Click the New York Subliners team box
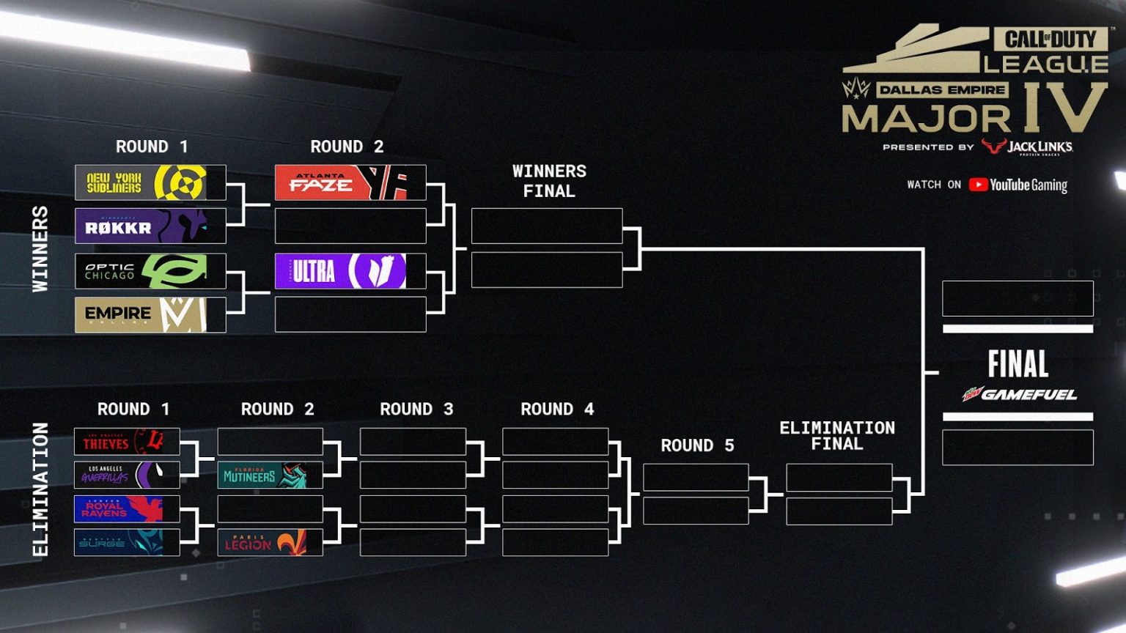(150, 182)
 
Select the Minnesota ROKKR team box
(150, 226)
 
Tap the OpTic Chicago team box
(150, 271)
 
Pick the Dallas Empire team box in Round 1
(150, 314)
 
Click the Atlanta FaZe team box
(350, 182)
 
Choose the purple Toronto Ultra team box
(350, 270)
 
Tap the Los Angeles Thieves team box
(127, 442)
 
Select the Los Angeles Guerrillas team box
(127, 475)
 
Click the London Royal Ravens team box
(127, 508)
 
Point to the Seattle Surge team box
(127, 542)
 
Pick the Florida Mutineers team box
(270, 475)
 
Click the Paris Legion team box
(270, 542)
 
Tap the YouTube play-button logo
(978, 185)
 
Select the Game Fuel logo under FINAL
(1019, 395)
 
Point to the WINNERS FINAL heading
(549, 181)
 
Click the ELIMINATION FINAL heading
(837, 435)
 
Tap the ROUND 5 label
(697, 445)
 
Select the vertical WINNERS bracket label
(40, 249)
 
